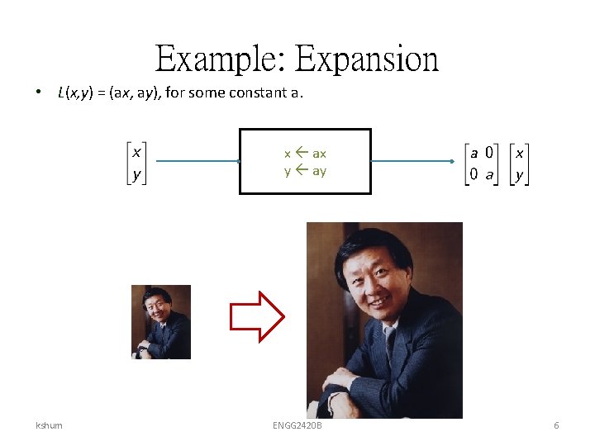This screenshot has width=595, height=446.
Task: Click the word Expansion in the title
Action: point(367,59)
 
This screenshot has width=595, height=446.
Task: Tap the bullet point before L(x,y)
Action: point(40,93)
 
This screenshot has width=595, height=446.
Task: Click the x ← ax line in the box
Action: point(305,154)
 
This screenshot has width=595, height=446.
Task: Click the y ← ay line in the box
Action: point(305,171)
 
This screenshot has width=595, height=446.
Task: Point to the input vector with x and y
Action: point(136,163)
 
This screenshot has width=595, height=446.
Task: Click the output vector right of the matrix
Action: point(519,163)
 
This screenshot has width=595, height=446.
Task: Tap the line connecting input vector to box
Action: point(194,162)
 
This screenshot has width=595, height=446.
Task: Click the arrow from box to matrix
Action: point(413,162)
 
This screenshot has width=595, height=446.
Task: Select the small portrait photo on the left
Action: point(161,321)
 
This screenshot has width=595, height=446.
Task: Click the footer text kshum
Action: point(49,425)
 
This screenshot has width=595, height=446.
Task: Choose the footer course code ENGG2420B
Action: point(297,425)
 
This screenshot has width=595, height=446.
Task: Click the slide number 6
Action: point(556,425)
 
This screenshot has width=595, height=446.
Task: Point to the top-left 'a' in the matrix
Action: point(474,153)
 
